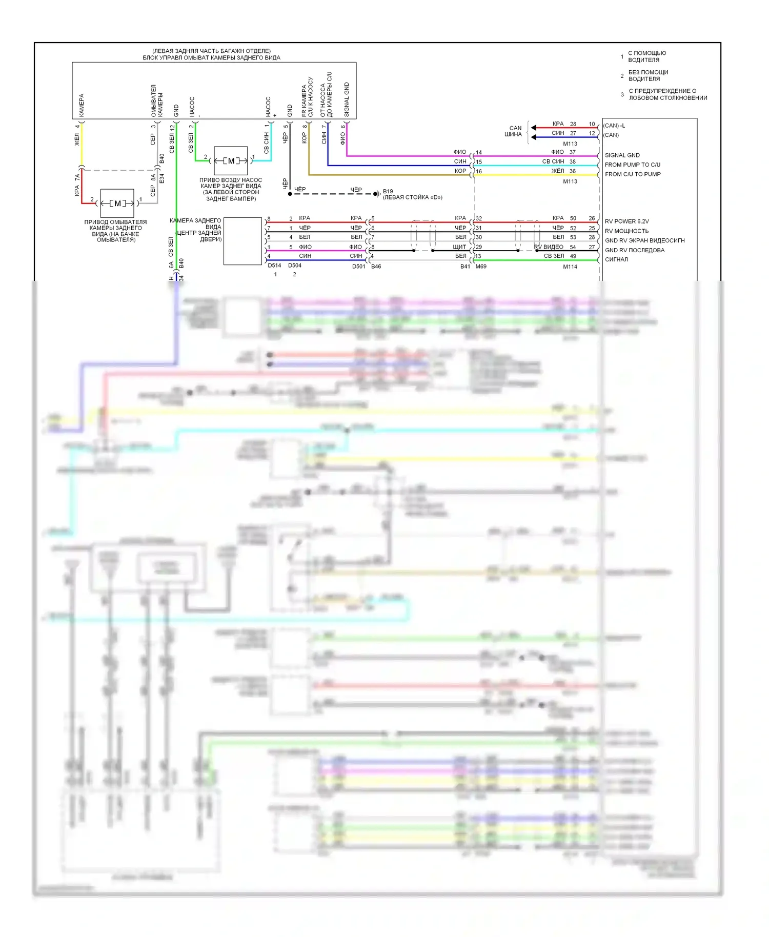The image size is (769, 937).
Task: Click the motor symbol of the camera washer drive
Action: click(x=117, y=203)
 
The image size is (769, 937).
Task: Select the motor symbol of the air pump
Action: click(x=231, y=160)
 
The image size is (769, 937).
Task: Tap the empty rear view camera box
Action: click(x=242, y=241)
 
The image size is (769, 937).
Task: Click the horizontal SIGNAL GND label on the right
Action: click(x=622, y=155)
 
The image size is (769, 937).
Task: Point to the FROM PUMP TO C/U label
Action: click(x=632, y=165)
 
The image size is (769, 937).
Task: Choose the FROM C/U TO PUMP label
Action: click(x=632, y=174)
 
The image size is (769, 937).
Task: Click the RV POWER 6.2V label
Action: click(x=626, y=221)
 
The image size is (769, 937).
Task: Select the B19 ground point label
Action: click(x=388, y=191)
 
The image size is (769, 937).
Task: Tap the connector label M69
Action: click(x=481, y=267)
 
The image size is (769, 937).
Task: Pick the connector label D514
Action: click(x=274, y=266)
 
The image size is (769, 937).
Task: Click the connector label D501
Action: click(x=359, y=267)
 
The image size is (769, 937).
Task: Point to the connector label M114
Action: click(x=570, y=267)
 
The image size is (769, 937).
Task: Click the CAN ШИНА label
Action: click(x=514, y=131)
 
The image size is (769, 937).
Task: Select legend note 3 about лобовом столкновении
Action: click(x=667, y=94)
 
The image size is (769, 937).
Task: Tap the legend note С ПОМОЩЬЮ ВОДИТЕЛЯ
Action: click(x=647, y=56)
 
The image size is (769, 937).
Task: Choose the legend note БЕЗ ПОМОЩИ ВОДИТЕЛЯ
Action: click(x=648, y=75)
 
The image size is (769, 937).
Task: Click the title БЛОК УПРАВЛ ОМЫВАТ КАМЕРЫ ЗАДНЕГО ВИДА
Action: click(x=211, y=58)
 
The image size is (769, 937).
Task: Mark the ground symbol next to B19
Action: click(x=378, y=194)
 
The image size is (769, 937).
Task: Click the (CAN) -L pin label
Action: click(x=614, y=126)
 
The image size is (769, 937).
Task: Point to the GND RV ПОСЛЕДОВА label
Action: click(x=634, y=250)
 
